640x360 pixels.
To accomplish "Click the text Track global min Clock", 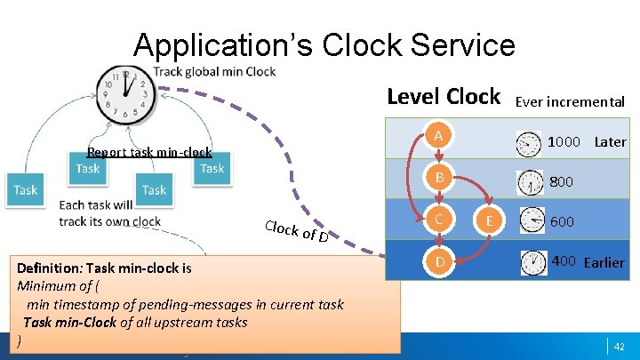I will point(214,71).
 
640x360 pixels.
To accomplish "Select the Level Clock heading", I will point(444,98).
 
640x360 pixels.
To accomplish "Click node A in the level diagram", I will point(436,136).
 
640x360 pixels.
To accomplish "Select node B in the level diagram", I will point(436,179).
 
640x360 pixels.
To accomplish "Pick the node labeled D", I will point(436,261).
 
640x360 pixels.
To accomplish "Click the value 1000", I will point(564,141).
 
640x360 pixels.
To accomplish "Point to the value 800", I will point(561,182).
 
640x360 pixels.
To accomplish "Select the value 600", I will point(562,222).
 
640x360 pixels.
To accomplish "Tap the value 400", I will point(564,261).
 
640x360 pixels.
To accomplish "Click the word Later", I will point(610,141).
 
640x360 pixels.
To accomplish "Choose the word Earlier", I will point(604,262).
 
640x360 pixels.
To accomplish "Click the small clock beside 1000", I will point(529,142).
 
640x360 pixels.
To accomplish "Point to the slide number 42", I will point(620,345).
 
